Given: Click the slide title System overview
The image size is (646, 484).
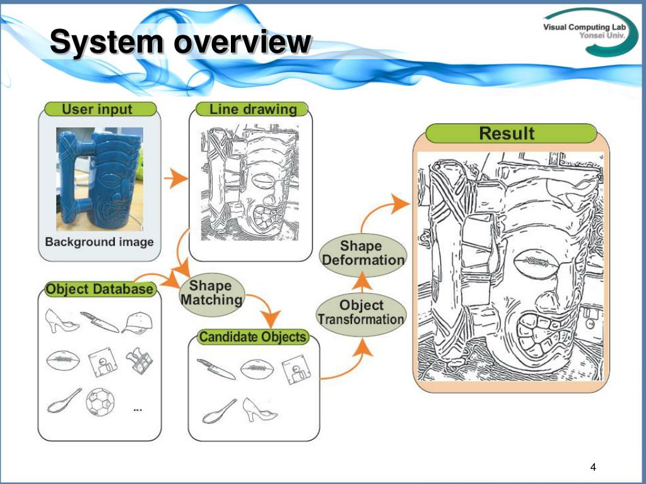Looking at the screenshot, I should [180, 43].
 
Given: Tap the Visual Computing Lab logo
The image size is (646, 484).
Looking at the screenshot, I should [590, 33].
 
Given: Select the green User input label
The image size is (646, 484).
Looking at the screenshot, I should [97, 109].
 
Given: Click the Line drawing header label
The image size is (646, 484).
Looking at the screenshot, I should [252, 109].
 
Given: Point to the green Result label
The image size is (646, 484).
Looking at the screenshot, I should [507, 134].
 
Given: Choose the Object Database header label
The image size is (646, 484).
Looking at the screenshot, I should [100, 289].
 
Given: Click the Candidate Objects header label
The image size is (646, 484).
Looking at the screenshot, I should [252, 337].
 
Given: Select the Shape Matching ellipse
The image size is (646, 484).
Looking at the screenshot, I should [211, 293].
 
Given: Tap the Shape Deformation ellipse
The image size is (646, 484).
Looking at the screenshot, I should [363, 253].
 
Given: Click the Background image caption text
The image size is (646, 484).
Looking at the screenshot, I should [99, 242].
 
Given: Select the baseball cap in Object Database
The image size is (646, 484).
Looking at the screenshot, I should [137, 323].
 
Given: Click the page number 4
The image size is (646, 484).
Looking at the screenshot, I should [592, 467].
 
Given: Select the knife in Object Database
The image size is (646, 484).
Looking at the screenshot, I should [100, 322].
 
